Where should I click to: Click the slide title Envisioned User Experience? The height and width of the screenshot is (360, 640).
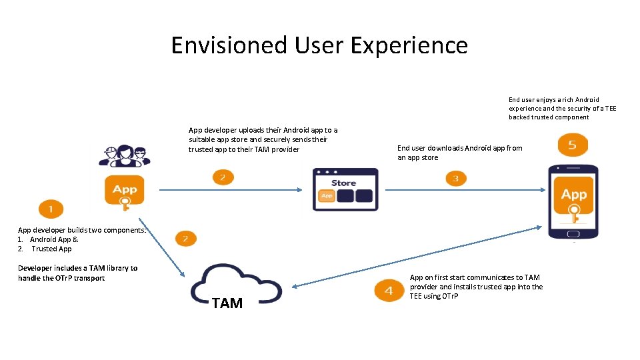click(x=319, y=45)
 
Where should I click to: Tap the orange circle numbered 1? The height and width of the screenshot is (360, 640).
click(x=51, y=209)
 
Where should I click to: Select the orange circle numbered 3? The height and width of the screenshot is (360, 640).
click(x=455, y=178)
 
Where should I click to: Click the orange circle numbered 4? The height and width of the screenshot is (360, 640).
click(x=389, y=291)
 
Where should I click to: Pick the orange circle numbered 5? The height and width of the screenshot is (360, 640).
click(x=573, y=145)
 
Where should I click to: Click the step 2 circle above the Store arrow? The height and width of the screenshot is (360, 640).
click(x=223, y=177)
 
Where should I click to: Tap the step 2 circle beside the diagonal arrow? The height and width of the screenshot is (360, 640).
click(x=185, y=238)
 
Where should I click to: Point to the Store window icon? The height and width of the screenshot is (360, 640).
click(x=345, y=189)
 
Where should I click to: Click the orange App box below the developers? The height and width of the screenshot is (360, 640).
click(x=125, y=189)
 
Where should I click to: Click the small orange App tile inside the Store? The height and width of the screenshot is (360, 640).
click(x=327, y=196)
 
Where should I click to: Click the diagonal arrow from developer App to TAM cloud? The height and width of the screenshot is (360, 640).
click(x=162, y=247)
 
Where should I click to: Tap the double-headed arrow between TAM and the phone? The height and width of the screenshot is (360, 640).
click(x=417, y=257)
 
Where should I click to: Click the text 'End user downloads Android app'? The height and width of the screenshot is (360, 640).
click(x=459, y=148)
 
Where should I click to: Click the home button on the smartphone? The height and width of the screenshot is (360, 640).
click(x=573, y=234)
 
